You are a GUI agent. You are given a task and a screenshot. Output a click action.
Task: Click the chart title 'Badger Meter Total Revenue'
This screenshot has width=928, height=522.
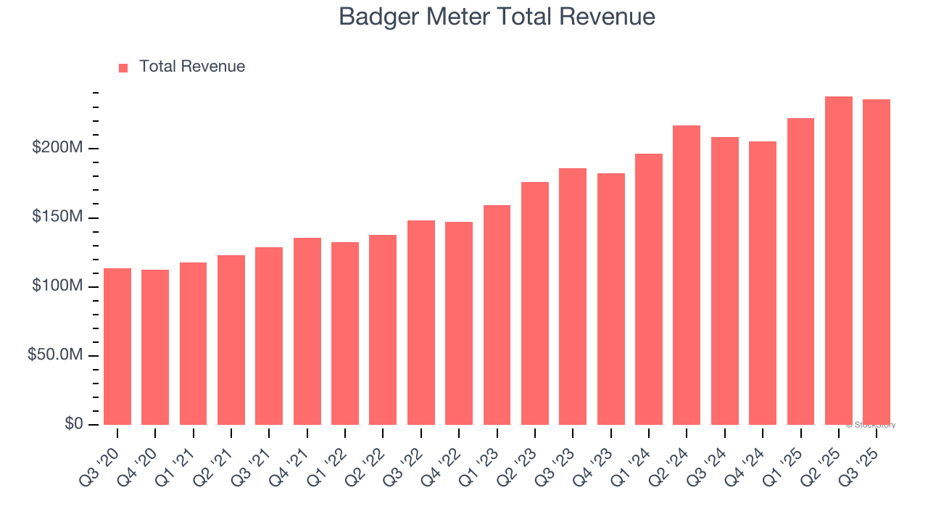coord(497,17)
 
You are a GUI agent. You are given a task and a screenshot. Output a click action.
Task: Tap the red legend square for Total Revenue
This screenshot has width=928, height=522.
coord(123,67)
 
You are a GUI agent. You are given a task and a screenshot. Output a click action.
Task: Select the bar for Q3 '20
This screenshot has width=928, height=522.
coord(117,347)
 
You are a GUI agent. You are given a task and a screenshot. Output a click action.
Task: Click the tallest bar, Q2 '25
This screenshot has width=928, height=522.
coord(839,261)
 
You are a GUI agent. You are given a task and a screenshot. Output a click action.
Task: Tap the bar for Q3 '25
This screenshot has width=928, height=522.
coord(877,262)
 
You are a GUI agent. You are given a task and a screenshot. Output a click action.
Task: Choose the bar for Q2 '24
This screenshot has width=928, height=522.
coord(687,275)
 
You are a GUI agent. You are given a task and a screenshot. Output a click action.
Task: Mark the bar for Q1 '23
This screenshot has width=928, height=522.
coord(497,315)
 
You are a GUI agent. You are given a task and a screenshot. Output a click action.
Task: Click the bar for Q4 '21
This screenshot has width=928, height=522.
coord(307,331)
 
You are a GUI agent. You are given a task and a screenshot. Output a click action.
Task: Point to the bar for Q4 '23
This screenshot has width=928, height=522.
coord(610,299)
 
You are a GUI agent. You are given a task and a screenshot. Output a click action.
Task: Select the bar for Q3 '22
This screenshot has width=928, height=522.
coord(421,323)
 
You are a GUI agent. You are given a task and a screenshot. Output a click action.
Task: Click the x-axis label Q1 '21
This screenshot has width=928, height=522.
coord(183,455)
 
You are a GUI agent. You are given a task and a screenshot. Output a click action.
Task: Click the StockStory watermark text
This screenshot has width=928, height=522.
coord(871,425)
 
